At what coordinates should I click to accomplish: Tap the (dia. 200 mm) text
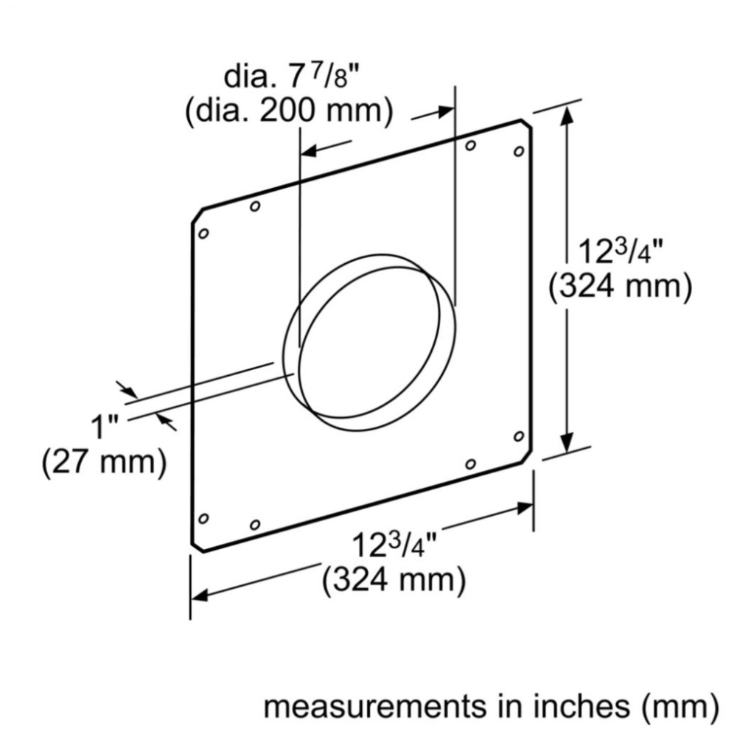287,112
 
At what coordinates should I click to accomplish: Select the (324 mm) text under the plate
394,581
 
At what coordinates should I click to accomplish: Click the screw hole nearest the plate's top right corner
518,151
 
